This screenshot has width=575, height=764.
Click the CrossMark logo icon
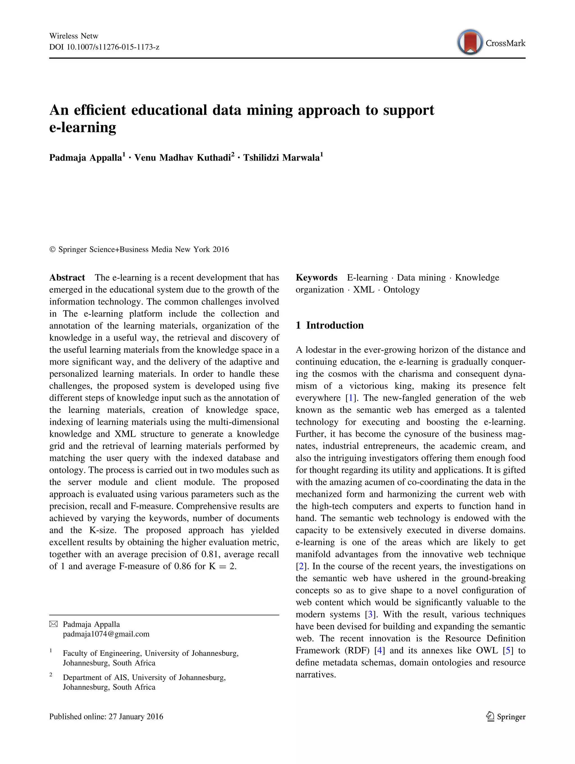point(470,42)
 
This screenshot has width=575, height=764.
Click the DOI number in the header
point(113,47)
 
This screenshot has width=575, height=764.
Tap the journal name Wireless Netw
point(74,36)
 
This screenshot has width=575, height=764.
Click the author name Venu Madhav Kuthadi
point(182,158)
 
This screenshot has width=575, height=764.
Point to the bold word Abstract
point(67,278)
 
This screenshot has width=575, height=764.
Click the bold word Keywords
point(316,278)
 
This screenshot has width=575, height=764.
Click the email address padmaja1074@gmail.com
point(106,634)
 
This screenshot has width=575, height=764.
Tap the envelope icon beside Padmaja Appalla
point(54,624)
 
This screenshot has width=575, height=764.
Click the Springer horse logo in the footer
point(490,717)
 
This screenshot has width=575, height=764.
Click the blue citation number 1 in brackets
point(351,398)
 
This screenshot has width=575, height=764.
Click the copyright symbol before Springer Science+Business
point(53,250)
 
